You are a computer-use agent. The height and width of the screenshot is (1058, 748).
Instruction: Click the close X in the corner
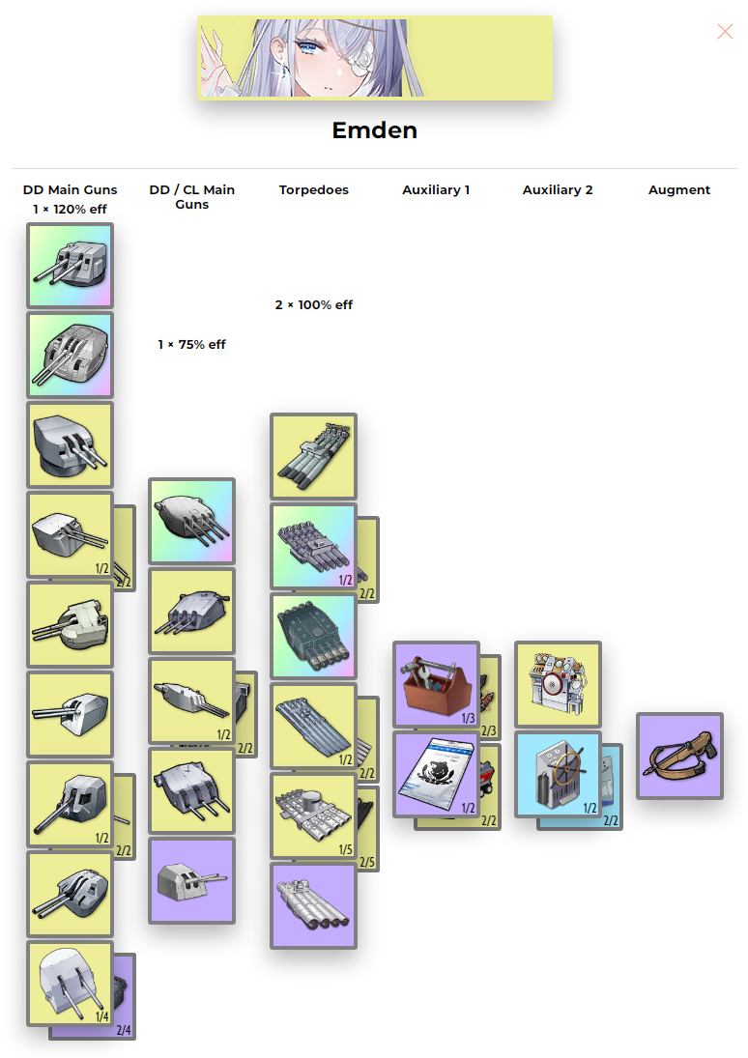pyautogui.click(x=725, y=32)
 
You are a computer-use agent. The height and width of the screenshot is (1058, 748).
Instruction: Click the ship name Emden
pyautogui.click(x=374, y=130)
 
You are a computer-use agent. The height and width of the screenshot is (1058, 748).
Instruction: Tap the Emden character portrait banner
pyautogui.click(x=374, y=58)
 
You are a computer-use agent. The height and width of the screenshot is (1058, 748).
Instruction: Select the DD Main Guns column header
pyautogui.click(x=70, y=190)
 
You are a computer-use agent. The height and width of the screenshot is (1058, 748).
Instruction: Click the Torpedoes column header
pyautogui.click(x=313, y=190)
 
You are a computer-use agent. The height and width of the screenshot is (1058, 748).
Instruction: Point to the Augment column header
pyautogui.click(x=678, y=190)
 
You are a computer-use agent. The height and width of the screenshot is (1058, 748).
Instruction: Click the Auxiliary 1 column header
pyautogui.click(x=436, y=190)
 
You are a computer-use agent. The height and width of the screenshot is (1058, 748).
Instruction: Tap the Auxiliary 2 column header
pyautogui.click(x=558, y=190)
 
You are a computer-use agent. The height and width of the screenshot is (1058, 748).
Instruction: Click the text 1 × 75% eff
pyautogui.click(x=191, y=345)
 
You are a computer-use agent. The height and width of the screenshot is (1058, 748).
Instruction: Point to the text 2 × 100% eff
pyautogui.click(x=313, y=305)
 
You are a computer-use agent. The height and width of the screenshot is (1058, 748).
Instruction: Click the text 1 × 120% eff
pyautogui.click(x=70, y=209)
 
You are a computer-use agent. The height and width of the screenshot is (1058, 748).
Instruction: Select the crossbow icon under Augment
pyautogui.click(x=678, y=756)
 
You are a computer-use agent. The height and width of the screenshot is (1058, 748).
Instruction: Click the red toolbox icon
pyautogui.click(x=436, y=684)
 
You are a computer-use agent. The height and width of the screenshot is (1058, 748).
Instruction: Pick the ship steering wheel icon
pyautogui.click(x=558, y=774)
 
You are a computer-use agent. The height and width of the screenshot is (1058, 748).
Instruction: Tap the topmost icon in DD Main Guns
pyautogui.click(x=70, y=266)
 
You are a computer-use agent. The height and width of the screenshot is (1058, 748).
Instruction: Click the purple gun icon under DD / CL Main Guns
pyautogui.click(x=191, y=880)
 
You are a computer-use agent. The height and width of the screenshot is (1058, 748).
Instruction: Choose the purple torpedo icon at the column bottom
pyautogui.click(x=313, y=905)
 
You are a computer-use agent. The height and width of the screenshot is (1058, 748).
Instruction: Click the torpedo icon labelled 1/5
pyautogui.click(x=313, y=815)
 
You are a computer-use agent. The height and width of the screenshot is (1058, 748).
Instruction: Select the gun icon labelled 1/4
pyautogui.click(x=70, y=984)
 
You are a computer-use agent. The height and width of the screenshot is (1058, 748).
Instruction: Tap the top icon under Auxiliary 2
pyautogui.click(x=558, y=684)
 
